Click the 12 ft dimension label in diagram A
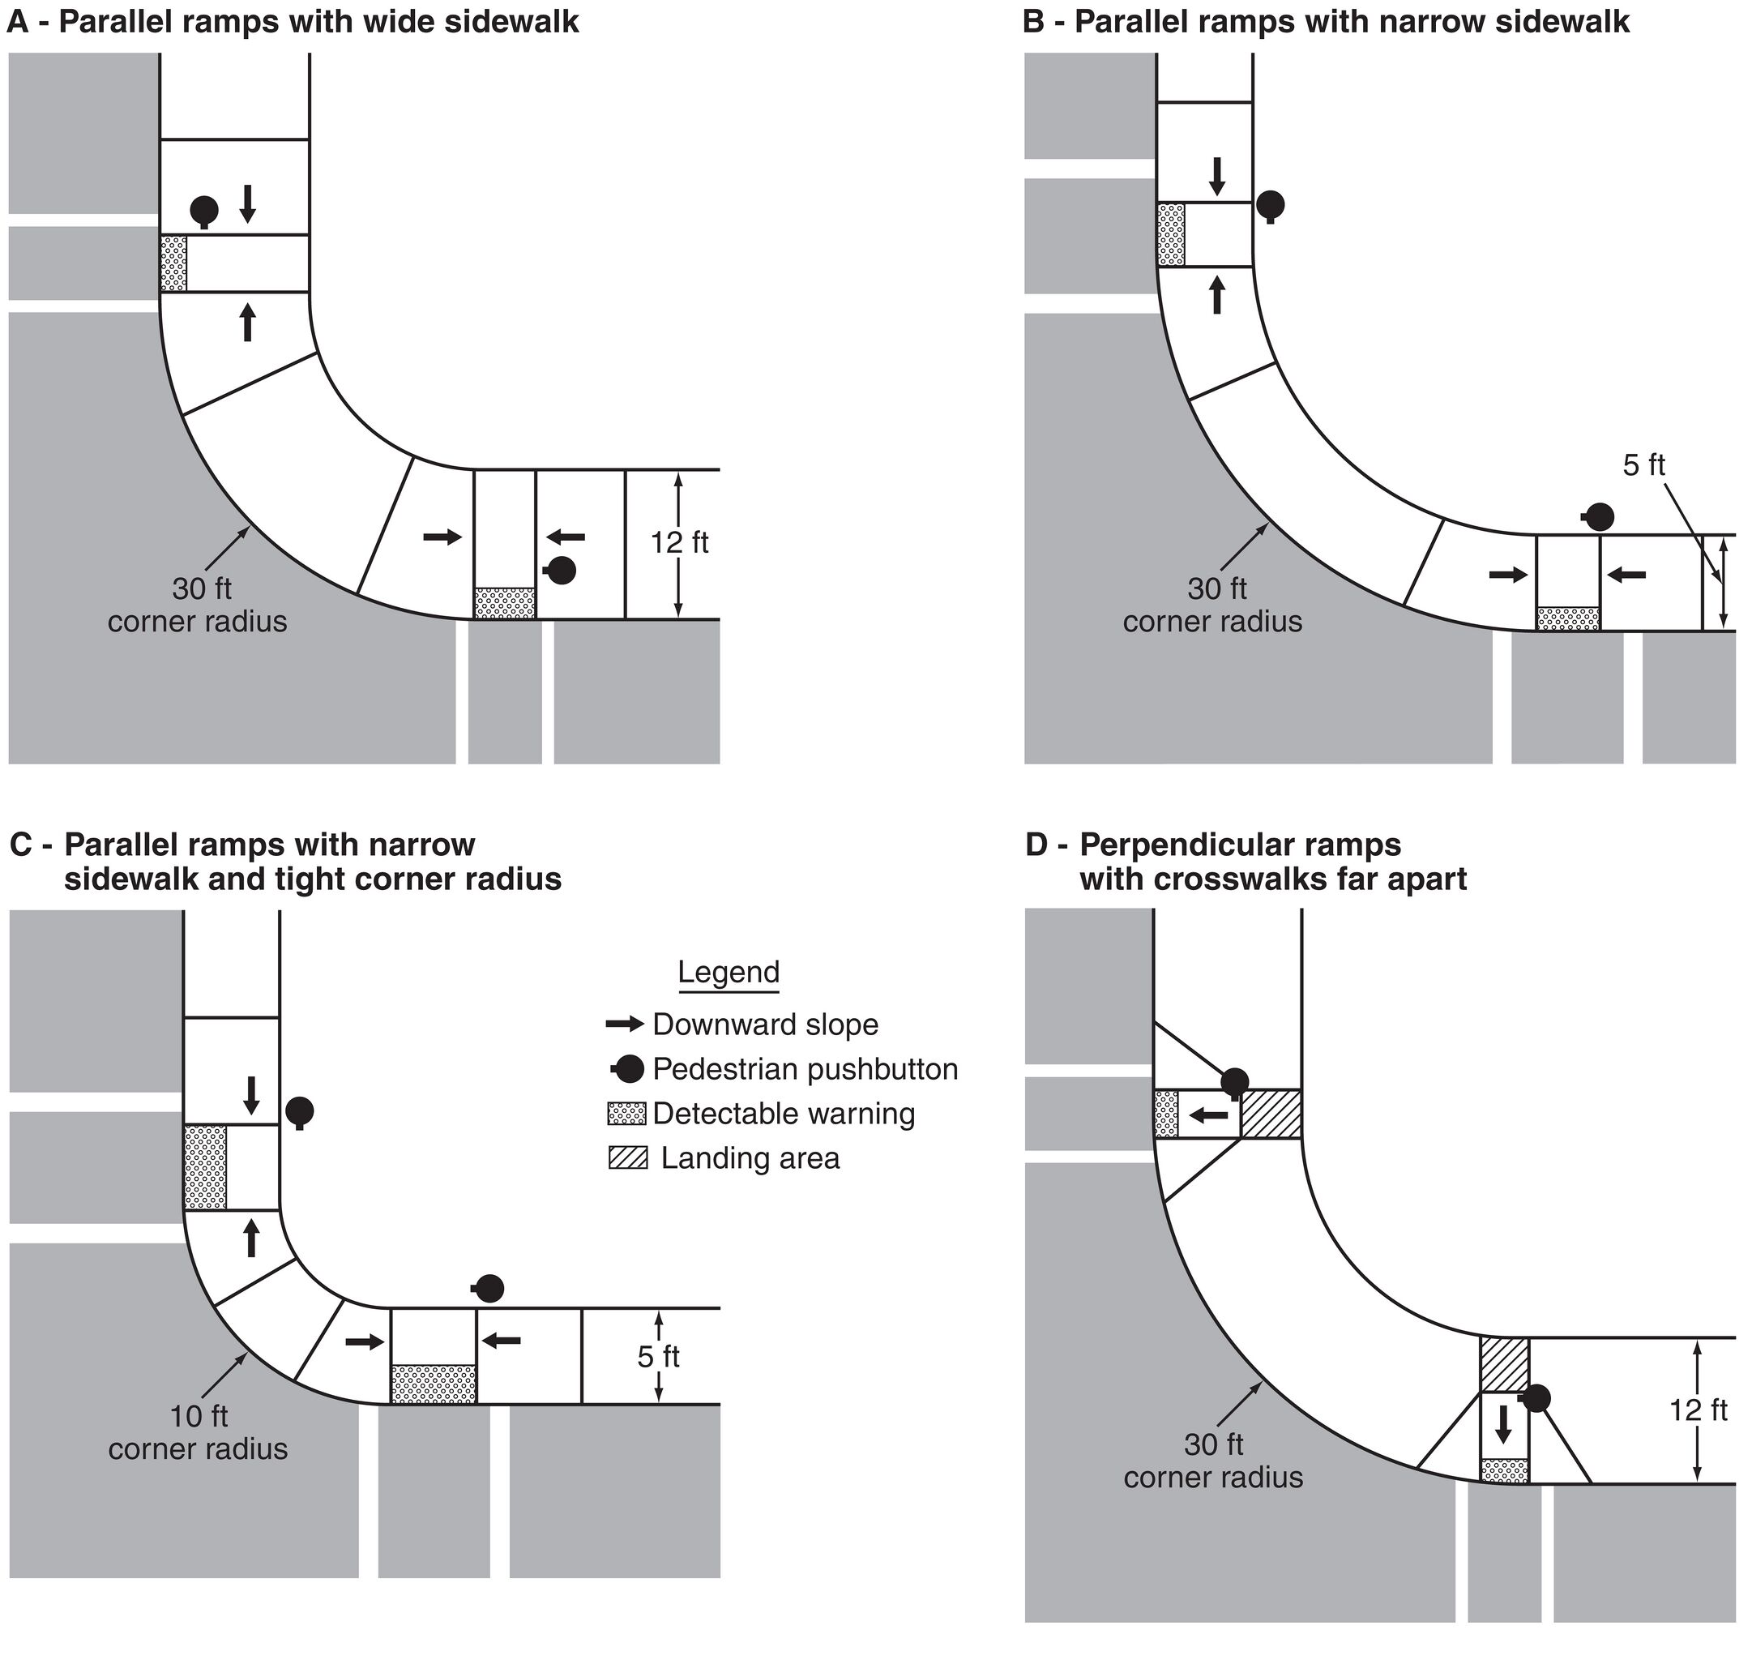pyautogui.click(x=679, y=542)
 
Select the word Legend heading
pyautogui.click(x=729, y=972)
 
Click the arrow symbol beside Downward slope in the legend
pyautogui.click(x=625, y=1025)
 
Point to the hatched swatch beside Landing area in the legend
pyautogui.click(x=627, y=1158)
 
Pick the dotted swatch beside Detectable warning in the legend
pyautogui.click(x=626, y=1114)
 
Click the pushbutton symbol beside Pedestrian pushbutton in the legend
pyautogui.click(x=626, y=1070)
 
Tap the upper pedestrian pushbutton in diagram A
pyautogui.click(x=204, y=211)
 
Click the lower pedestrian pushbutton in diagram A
pyautogui.click(x=561, y=571)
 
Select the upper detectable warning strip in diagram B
pyautogui.click(x=1171, y=234)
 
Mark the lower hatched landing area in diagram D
pyautogui.click(x=1504, y=1364)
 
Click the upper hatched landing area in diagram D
pyautogui.click(x=1271, y=1114)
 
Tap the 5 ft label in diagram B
pyautogui.click(x=1643, y=465)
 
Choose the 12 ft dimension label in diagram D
pyautogui.click(x=1698, y=1410)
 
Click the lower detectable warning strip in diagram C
pyautogui.click(x=434, y=1384)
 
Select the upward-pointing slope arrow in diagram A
pyautogui.click(x=248, y=322)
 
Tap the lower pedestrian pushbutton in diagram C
pyautogui.click(x=489, y=1288)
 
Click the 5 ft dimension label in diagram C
pyautogui.click(x=658, y=1357)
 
